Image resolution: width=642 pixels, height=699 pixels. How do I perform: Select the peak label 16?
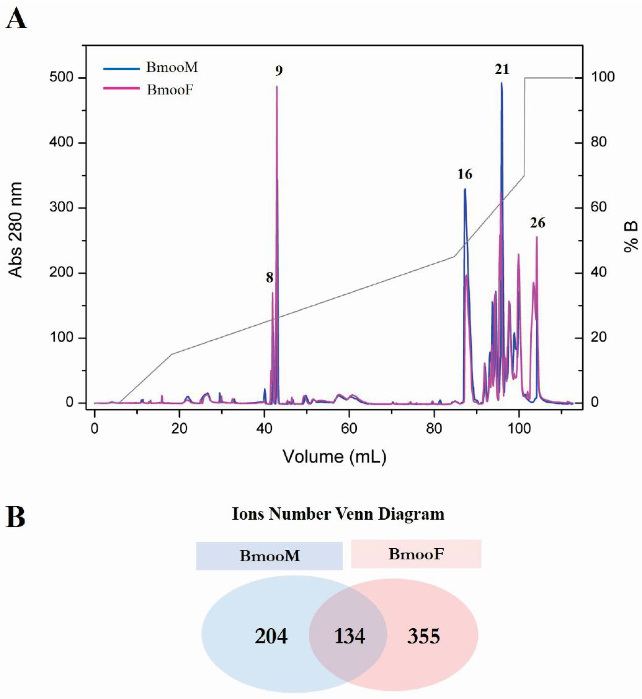[x=465, y=174]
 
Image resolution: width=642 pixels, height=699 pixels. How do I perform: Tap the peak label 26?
[x=537, y=223]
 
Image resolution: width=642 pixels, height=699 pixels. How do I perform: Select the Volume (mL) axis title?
[x=334, y=457]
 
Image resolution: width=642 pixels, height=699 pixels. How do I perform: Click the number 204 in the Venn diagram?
[x=271, y=636]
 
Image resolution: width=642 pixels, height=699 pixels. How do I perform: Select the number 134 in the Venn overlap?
[x=349, y=636]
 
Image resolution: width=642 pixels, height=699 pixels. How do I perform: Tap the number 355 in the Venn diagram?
[x=423, y=636]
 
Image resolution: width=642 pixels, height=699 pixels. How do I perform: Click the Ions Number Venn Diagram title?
[x=338, y=514]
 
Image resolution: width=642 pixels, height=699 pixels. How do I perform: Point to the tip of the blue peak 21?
[x=501, y=82]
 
